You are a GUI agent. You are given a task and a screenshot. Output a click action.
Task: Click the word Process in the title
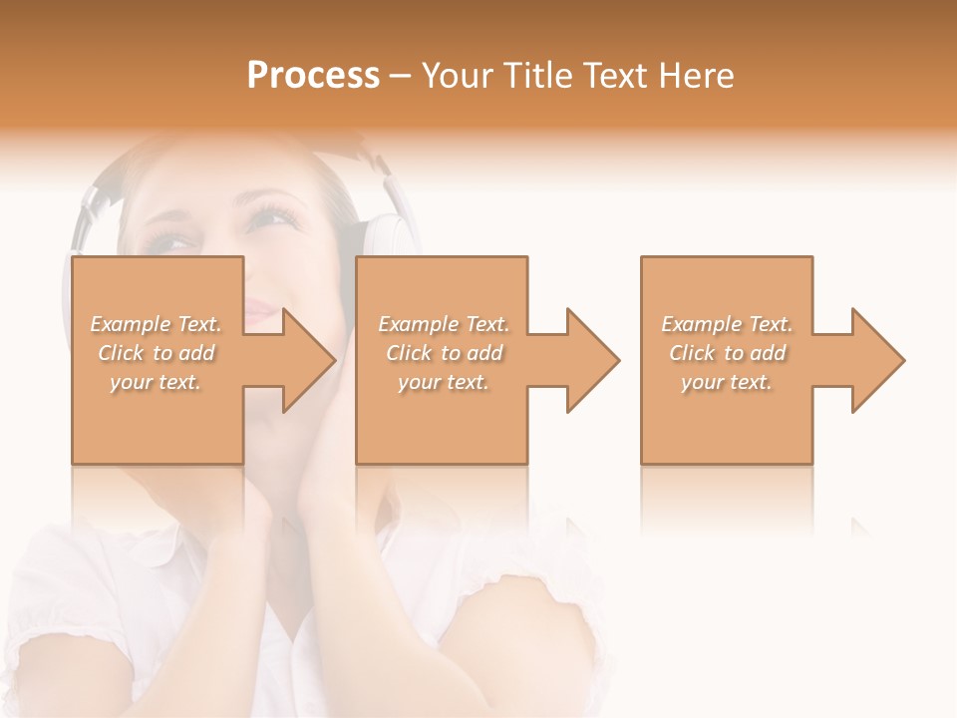pos(313,76)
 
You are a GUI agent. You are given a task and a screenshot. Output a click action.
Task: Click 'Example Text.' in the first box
pos(157,324)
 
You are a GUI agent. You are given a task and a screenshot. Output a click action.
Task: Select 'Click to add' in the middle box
pos(443,353)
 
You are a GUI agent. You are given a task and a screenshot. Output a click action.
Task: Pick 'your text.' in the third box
pos(727,382)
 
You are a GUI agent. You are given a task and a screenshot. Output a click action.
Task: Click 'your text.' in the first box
pos(157,382)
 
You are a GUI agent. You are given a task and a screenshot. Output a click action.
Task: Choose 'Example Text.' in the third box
pos(727,324)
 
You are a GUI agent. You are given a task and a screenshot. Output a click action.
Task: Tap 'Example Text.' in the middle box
pos(443,324)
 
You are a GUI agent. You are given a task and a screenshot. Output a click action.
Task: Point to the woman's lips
pos(261,312)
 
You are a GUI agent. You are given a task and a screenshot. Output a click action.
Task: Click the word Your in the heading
pos(455,76)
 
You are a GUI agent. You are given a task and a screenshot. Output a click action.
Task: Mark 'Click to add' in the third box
pos(727,353)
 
